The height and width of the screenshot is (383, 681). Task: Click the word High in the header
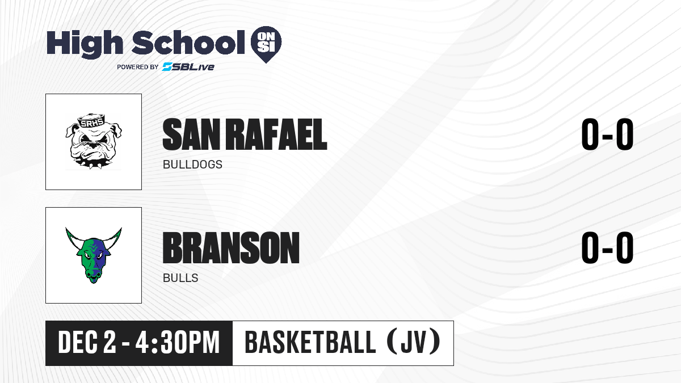85,44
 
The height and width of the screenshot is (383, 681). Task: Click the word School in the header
188,43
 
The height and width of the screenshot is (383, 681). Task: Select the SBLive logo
188,67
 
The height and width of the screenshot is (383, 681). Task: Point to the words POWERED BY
138,67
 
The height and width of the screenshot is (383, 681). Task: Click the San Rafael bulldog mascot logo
94,141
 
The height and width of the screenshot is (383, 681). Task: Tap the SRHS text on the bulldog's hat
91,123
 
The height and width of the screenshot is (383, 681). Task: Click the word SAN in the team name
191,134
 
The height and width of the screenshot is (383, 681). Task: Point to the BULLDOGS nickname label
192,165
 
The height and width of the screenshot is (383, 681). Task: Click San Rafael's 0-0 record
607,134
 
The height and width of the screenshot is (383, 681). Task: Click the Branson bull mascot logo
94,255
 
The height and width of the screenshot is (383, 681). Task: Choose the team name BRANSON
231,248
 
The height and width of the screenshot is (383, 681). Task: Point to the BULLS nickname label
180,278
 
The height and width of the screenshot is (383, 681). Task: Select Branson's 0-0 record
607,247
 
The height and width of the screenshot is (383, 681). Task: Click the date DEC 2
87,342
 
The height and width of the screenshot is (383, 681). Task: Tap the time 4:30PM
178,342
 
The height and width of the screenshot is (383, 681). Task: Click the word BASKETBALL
310,342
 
